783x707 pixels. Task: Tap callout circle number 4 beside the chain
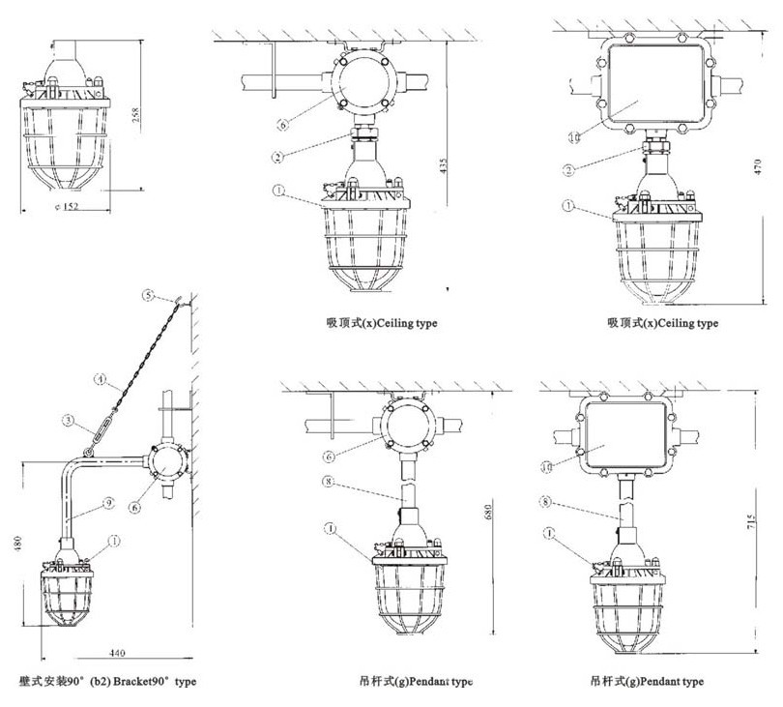click(99, 380)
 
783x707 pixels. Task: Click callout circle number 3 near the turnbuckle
click(68, 420)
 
